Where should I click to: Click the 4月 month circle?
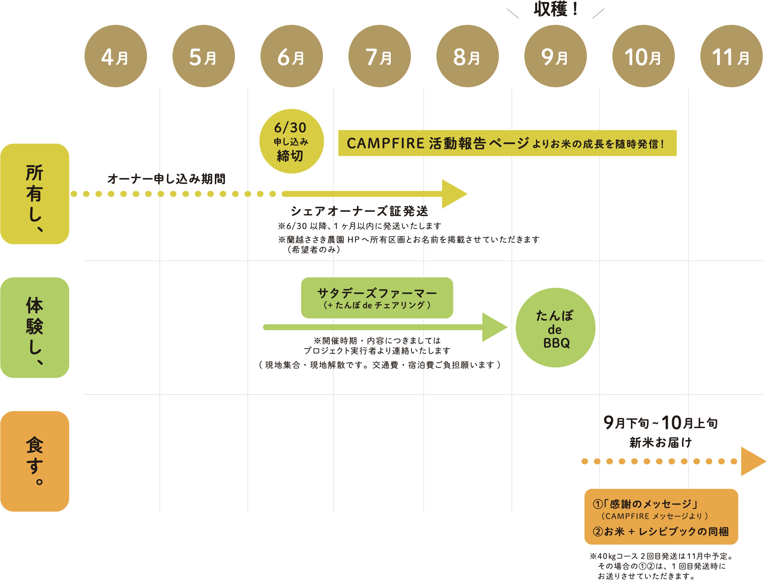116,56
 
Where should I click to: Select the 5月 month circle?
204,56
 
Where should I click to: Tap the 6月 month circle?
291,56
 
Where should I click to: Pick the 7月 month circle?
379,56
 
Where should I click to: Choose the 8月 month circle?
468,56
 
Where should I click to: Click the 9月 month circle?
555,56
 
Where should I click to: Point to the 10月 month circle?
643,56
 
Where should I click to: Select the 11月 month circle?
731,56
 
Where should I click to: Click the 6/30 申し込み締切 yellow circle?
291,141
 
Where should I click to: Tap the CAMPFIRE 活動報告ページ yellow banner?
507,143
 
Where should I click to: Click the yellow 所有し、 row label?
35,194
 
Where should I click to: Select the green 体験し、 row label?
35,328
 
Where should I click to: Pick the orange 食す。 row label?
35,461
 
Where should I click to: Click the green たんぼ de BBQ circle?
555,328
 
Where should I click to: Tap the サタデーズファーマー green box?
377,298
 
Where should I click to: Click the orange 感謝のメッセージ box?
661,517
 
